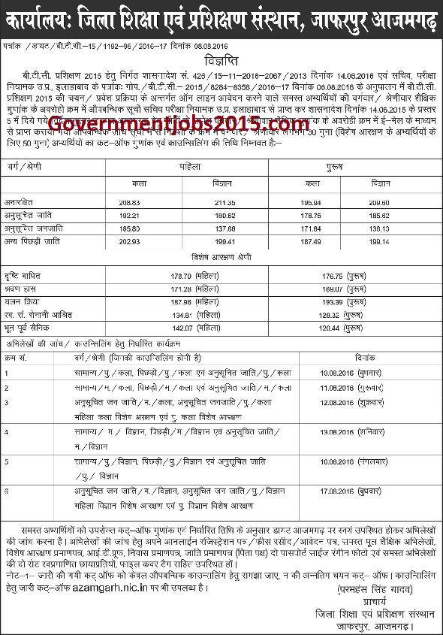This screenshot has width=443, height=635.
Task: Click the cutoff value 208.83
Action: tap(131, 202)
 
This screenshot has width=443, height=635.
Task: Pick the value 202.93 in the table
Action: tap(131, 240)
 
